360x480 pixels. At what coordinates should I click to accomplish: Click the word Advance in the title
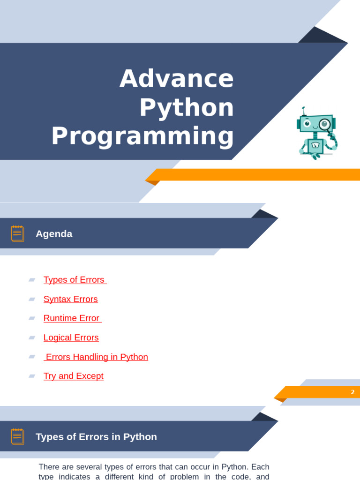click(177, 78)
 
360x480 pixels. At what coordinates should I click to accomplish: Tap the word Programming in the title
click(142, 136)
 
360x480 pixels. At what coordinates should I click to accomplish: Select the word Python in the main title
click(187, 108)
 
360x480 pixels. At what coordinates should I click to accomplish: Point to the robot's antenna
click(304, 111)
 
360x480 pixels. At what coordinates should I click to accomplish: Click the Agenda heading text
click(54, 234)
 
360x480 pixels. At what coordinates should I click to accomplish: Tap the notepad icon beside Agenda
click(18, 233)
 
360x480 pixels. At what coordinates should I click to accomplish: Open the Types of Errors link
click(75, 280)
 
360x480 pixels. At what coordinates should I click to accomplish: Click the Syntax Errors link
click(70, 299)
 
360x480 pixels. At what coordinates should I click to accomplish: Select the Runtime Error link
click(73, 318)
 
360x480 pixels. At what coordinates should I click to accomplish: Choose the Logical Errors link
click(71, 337)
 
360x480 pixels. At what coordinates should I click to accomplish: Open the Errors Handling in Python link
click(96, 357)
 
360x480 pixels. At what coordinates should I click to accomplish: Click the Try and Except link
click(74, 376)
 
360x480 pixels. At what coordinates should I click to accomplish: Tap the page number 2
click(352, 392)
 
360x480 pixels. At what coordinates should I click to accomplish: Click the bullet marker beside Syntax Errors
click(32, 299)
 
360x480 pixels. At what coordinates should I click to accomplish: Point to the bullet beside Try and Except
click(32, 376)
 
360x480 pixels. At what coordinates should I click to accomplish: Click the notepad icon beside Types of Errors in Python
click(18, 436)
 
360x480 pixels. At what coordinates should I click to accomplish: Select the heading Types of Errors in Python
click(96, 437)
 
